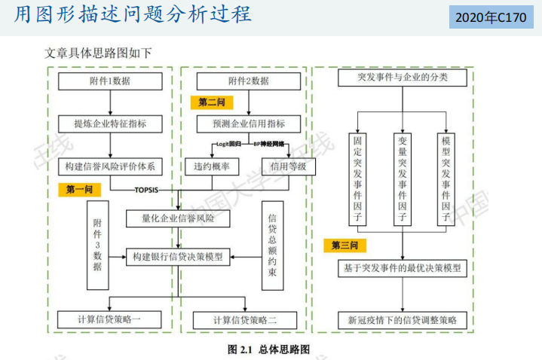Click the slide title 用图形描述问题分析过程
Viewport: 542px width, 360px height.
coord(133,14)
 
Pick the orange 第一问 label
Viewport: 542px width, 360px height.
coord(79,190)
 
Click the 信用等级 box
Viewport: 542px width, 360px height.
coord(288,166)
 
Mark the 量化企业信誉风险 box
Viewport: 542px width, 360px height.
coord(178,219)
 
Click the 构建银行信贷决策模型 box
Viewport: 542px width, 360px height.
coord(178,256)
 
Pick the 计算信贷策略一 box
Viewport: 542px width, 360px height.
coord(110,319)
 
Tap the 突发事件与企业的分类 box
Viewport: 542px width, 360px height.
coord(403,78)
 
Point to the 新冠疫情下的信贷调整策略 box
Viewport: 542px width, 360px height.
coord(403,319)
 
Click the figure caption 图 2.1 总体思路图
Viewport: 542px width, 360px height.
coord(269,349)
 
